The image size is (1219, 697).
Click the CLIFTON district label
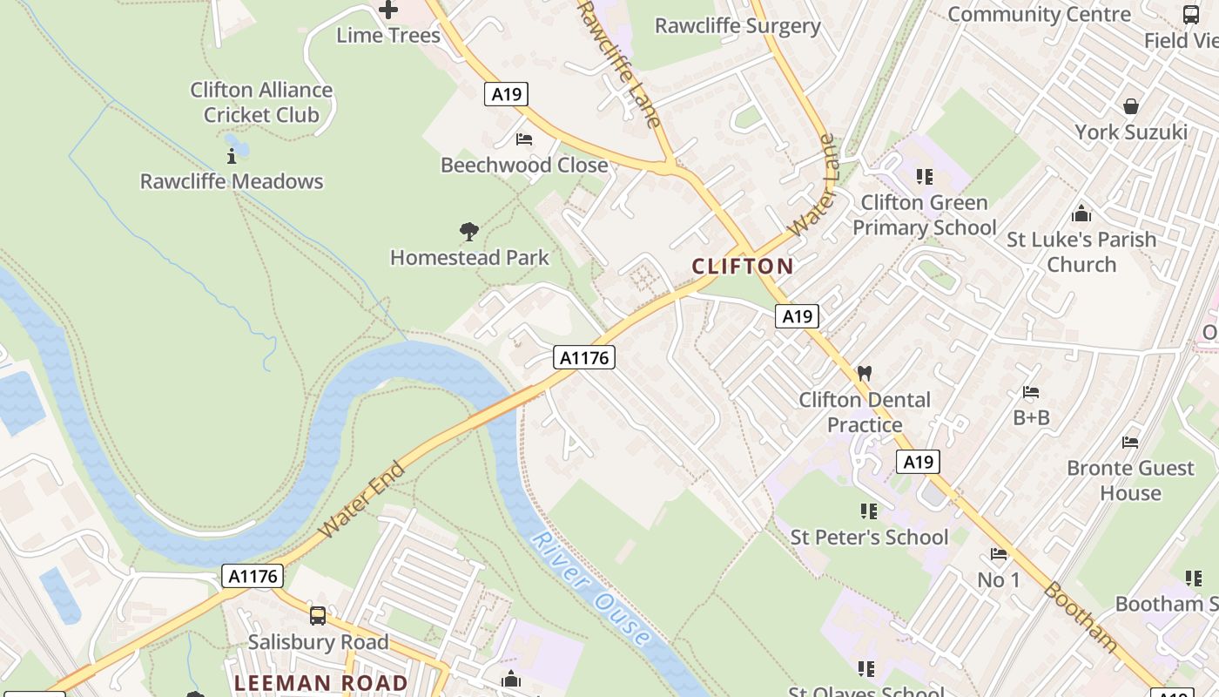point(743,267)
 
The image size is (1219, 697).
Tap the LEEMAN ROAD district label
point(321,683)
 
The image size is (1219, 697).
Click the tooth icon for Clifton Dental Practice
point(865,373)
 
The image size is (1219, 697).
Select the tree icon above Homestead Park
point(469,232)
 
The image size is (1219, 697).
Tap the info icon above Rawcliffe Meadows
point(232,157)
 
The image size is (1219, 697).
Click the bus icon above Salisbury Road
point(318,616)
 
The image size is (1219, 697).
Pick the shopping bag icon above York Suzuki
point(1131,106)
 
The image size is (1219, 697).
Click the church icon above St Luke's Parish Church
point(1081,213)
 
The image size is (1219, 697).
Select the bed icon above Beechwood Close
point(524,139)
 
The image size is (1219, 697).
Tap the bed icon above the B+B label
point(1031,392)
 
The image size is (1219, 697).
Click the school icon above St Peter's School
point(868,511)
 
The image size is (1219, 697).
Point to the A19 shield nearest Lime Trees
point(506,94)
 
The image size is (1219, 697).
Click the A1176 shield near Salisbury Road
point(253,576)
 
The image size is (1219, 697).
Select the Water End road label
point(361,500)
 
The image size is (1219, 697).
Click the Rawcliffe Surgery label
point(737,26)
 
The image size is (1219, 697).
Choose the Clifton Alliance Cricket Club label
point(261,102)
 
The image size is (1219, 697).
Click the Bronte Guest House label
point(1130,480)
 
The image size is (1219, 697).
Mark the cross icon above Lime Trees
point(388,10)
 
